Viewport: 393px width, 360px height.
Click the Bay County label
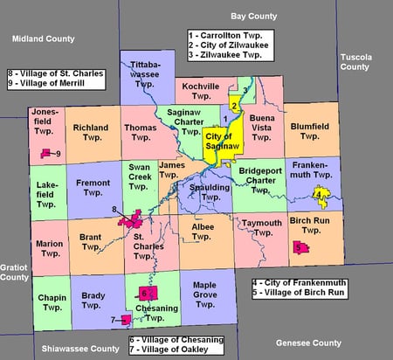252,15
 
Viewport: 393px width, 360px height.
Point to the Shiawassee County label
79,349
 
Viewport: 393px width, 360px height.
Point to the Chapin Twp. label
51,301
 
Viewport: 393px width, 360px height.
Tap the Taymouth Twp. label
261,227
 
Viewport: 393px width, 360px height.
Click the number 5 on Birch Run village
299,247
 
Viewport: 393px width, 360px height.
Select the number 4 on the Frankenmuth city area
319,194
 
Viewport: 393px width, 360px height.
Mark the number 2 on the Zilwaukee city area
234,106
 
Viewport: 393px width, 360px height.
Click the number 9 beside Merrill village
57,155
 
